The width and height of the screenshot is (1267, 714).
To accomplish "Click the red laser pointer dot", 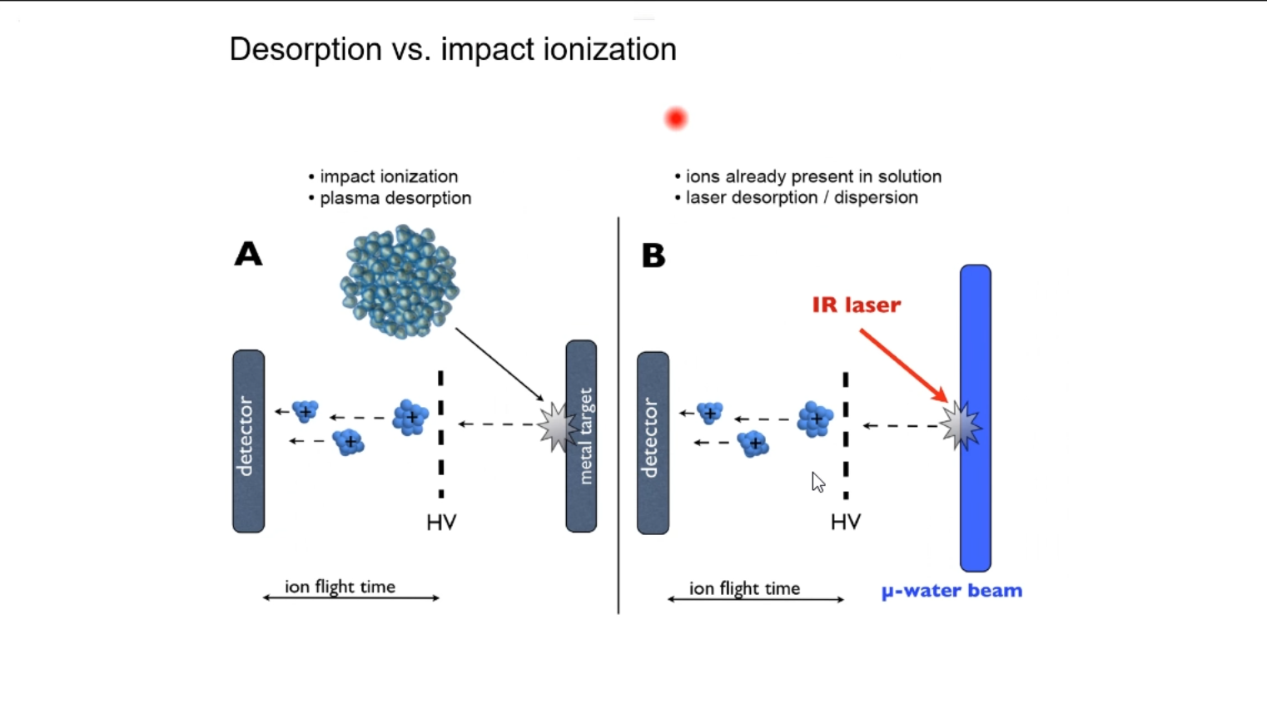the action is click(x=676, y=119).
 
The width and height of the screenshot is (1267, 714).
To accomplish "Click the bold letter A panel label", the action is click(x=248, y=254).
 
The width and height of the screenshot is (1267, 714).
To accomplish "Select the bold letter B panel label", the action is click(x=653, y=255).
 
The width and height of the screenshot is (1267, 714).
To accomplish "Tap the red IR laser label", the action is click(x=857, y=305).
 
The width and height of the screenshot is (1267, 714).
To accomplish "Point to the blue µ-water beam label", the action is click(x=952, y=591).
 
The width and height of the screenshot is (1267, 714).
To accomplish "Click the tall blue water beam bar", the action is click(x=975, y=418).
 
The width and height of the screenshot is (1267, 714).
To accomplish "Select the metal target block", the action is click(x=581, y=436).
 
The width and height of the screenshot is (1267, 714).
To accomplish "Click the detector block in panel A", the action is click(x=248, y=441).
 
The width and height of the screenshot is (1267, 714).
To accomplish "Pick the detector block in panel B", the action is click(x=653, y=443).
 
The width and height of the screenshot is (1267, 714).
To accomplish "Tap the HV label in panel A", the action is click(x=442, y=523).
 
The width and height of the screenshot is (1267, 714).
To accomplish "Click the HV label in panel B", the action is click(x=846, y=522).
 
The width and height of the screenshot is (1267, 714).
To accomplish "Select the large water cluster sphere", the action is click(x=400, y=281).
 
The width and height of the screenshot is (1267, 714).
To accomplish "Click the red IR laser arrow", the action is click(x=903, y=365).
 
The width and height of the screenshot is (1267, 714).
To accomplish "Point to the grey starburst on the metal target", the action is click(x=558, y=427).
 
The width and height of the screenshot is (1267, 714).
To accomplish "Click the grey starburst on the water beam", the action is click(x=961, y=426).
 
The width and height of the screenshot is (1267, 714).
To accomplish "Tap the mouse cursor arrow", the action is click(x=818, y=482).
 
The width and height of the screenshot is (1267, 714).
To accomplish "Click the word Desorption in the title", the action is click(x=306, y=49).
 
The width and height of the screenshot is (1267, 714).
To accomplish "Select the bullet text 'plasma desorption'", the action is click(x=395, y=198).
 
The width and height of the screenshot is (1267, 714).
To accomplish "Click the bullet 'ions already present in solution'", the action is click(x=813, y=176).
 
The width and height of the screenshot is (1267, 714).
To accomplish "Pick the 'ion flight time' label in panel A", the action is click(x=340, y=587).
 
